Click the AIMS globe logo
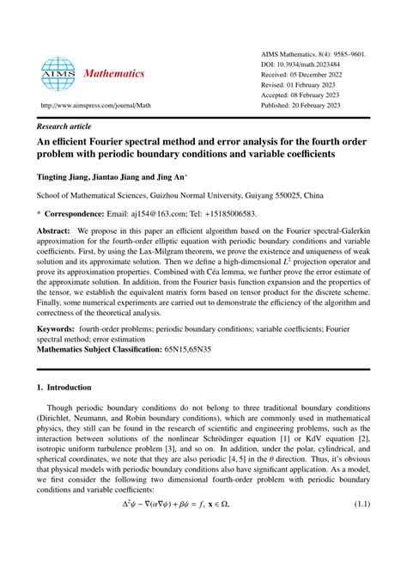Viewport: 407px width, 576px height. (58, 74)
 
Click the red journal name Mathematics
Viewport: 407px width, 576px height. (114, 74)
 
